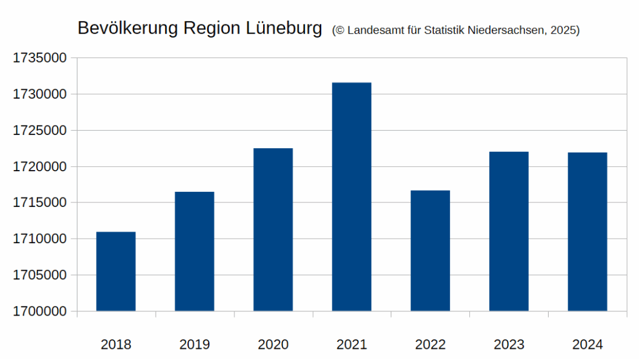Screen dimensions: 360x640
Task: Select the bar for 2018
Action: (x=116, y=271)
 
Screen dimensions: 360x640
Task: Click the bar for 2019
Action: (x=194, y=251)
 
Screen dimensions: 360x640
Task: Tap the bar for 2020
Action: (x=273, y=229)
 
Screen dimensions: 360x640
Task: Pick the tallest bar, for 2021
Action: (x=352, y=197)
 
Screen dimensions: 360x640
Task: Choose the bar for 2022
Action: (x=430, y=251)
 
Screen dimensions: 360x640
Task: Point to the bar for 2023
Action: (x=509, y=231)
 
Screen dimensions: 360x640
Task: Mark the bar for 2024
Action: (x=587, y=232)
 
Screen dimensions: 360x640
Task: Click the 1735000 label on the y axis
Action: (x=40, y=58)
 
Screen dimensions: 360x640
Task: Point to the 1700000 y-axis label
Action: (x=40, y=311)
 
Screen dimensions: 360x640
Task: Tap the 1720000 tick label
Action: (x=40, y=167)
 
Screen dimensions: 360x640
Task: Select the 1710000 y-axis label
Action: (x=40, y=239)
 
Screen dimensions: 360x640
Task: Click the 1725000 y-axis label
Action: (x=40, y=131)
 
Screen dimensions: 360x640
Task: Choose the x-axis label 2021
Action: (x=352, y=344)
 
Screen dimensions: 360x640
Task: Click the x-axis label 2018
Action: (x=116, y=344)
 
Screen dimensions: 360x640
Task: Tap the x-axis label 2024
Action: (x=587, y=344)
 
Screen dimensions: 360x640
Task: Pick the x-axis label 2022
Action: (x=430, y=344)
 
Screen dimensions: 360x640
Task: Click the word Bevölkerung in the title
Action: (x=127, y=28)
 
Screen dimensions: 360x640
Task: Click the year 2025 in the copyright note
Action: (x=564, y=30)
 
